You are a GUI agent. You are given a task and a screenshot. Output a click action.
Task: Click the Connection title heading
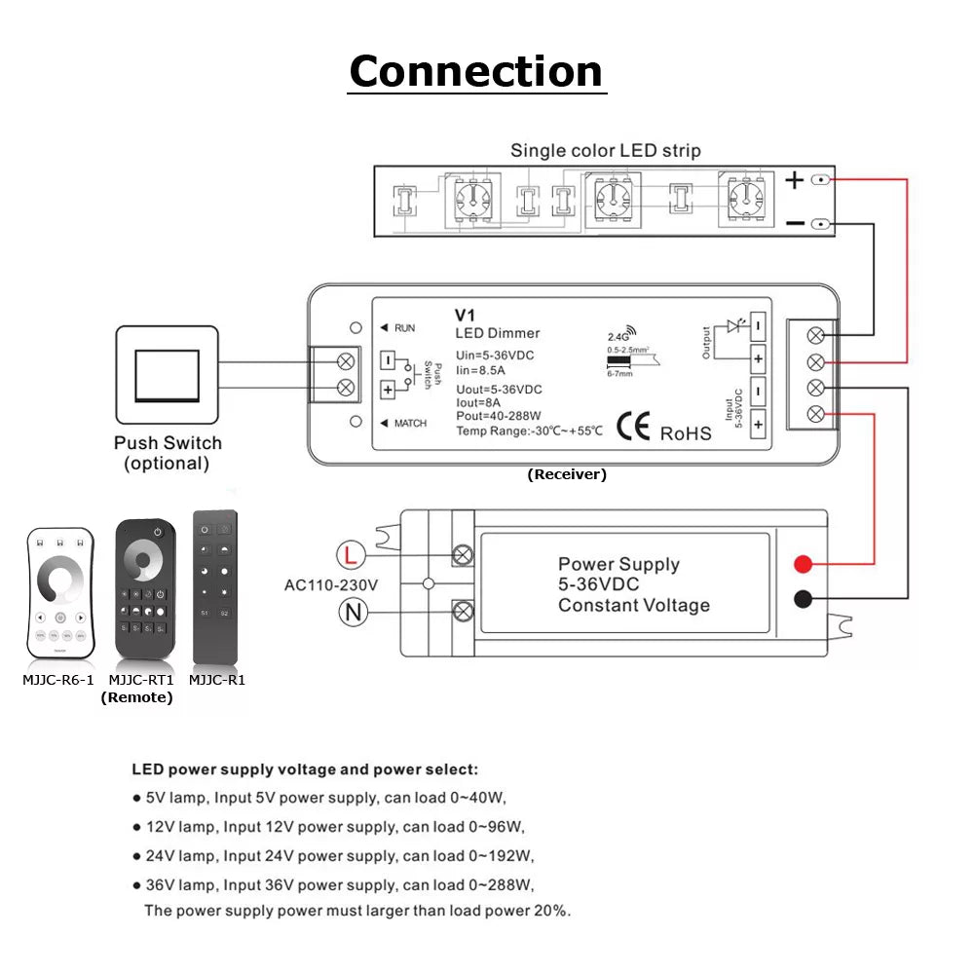pyautogui.click(x=476, y=71)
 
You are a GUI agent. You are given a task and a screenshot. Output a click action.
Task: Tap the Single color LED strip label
pyautogui.click(x=605, y=150)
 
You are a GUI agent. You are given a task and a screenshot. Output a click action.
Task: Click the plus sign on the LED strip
pyautogui.click(x=795, y=180)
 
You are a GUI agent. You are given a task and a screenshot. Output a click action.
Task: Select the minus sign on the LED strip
pyautogui.click(x=795, y=224)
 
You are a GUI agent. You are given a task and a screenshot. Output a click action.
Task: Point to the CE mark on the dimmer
pyautogui.click(x=634, y=431)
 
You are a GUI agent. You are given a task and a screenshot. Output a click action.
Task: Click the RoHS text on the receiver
pyautogui.click(x=686, y=433)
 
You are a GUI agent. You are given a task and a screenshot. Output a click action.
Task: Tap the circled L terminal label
pyautogui.click(x=351, y=556)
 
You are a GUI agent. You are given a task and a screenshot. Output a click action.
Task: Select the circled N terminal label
pyautogui.click(x=351, y=612)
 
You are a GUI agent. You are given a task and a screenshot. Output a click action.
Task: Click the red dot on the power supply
pyautogui.click(x=803, y=564)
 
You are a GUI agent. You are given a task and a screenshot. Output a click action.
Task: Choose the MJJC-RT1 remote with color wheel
pyautogui.click(x=145, y=588)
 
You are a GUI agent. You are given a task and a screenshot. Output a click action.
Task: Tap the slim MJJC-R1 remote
pyautogui.click(x=214, y=586)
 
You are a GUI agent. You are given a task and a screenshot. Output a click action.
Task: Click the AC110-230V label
pyautogui.click(x=330, y=585)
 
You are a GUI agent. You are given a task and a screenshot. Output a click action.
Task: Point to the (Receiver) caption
pyautogui.click(x=567, y=474)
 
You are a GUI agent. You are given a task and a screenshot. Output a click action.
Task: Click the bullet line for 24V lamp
pyautogui.click(x=333, y=856)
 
